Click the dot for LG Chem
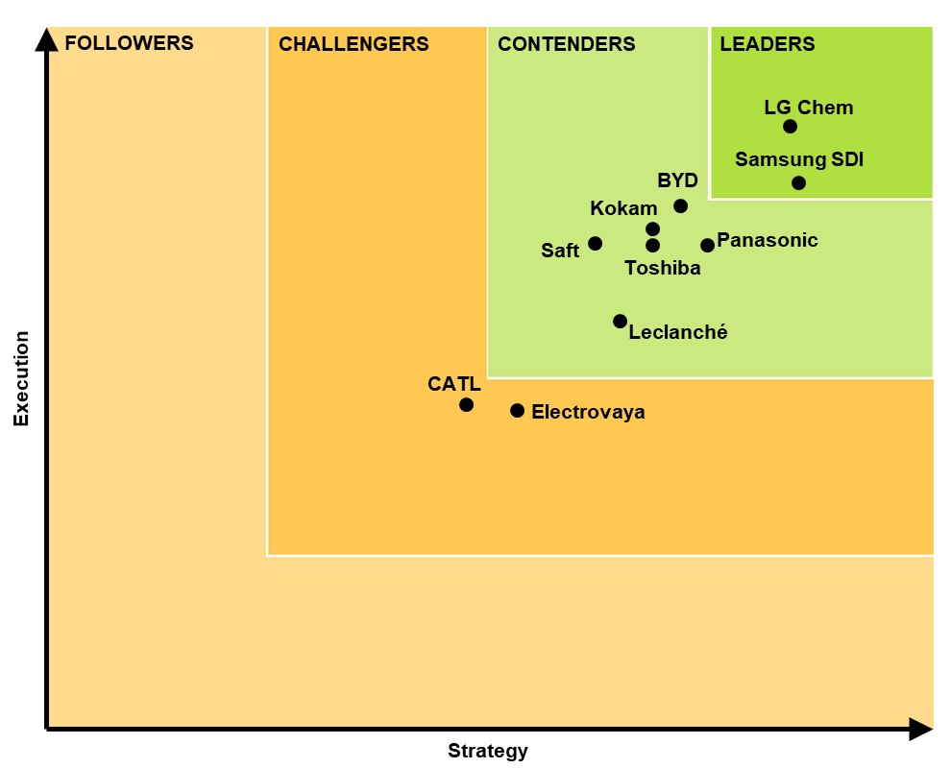790,127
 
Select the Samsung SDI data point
798,183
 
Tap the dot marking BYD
680,206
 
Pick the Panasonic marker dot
707,246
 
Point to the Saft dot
595,244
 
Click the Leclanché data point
620,322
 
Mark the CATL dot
466,405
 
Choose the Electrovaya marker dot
517,411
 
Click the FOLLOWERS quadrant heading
129,43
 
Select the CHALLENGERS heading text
354,44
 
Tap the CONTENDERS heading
566,44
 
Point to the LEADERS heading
767,44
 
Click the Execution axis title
21,378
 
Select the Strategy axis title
487,751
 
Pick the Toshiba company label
663,269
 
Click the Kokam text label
623,208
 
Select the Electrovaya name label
588,413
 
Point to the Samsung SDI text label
799,159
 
